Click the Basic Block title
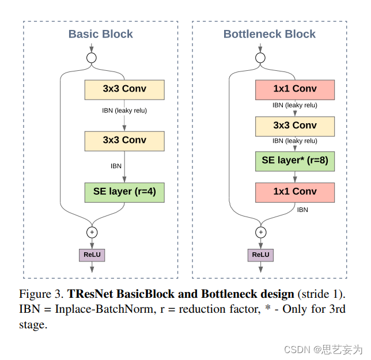click(x=101, y=34)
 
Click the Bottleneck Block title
click(x=270, y=34)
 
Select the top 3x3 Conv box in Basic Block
click(x=124, y=89)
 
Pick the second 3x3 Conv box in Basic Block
click(x=124, y=140)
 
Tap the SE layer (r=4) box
click(x=124, y=192)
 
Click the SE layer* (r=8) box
click(x=295, y=161)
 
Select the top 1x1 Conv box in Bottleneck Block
click(x=295, y=89)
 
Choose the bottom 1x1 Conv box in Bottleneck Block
click(x=295, y=192)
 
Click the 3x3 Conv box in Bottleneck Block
click(x=295, y=126)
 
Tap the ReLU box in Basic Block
click(x=92, y=255)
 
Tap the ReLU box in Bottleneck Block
click(x=261, y=255)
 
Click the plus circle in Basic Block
click(x=92, y=233)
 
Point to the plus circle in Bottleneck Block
click(x=261, y=233)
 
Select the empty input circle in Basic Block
click(x=91, y=58)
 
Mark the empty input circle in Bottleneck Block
click(x=260, y=58)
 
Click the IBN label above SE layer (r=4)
click(x=116, y=166)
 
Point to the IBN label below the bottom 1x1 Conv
click(x=302, y=210)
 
